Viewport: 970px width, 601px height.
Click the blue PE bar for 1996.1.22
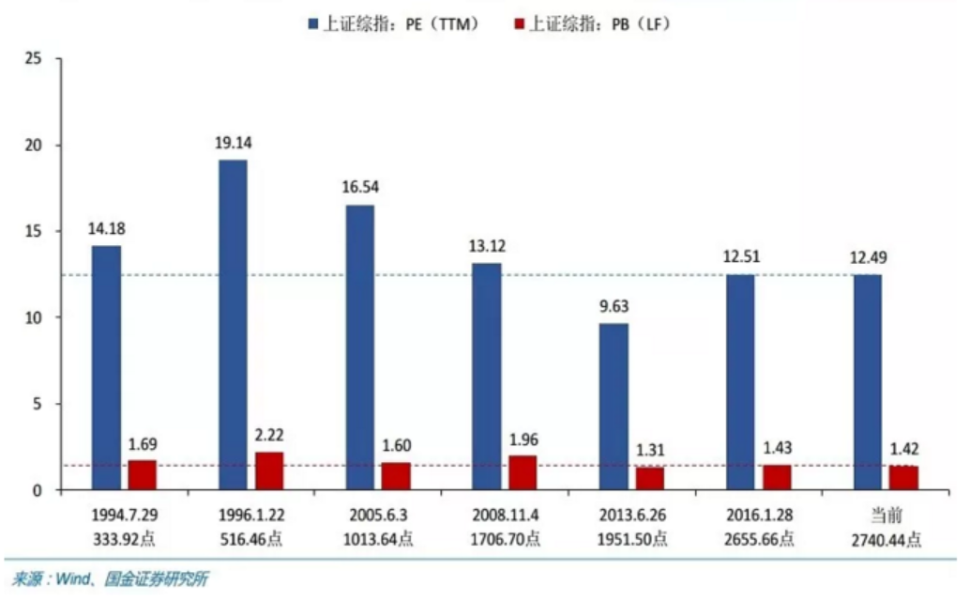233,325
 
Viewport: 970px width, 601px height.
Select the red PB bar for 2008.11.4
523,472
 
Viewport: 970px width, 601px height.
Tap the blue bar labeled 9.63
614,407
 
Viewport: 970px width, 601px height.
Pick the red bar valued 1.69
143,475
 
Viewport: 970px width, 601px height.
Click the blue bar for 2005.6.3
359,347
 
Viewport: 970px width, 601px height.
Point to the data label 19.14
233,144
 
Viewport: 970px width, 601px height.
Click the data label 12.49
868,258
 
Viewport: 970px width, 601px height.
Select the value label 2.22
268,435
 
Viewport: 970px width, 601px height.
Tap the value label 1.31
649,449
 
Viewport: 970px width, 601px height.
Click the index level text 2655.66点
759,539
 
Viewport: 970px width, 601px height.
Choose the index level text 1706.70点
505,539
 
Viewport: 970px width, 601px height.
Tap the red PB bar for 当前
903,478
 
